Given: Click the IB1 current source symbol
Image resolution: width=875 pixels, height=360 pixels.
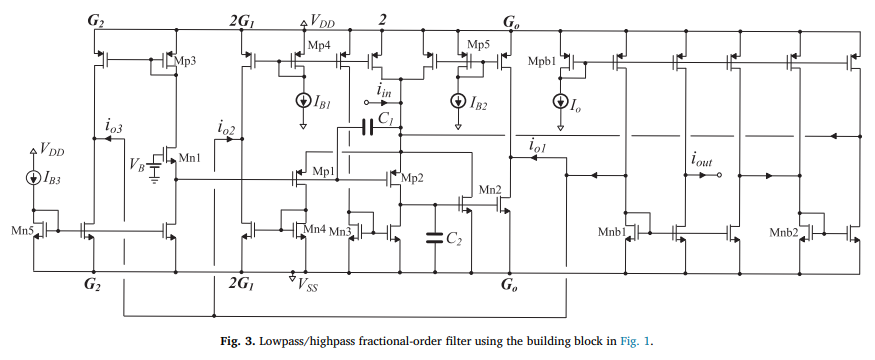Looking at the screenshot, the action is click(304, 100).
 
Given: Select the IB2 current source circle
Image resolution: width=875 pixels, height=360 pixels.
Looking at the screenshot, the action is click(458, 100).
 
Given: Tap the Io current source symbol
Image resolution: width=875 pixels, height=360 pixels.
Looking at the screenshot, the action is click(560, 101).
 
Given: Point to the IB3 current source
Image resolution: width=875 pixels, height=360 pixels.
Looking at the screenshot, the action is click(34, 178).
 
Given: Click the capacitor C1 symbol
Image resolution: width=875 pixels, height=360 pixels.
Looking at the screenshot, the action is click(367, 128).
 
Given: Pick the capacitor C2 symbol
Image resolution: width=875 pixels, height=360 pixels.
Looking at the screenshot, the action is click(435, 237).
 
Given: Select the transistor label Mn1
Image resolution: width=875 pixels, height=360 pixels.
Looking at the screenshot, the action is click(189, 158).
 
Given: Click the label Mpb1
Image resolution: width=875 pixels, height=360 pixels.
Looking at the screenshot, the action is click(542, 60).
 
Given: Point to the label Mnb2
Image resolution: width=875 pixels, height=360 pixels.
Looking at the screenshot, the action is click(783, 231).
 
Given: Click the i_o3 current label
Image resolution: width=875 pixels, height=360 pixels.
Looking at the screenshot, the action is click(114, 126).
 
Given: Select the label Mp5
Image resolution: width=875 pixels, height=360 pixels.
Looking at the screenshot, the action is click(478, 45).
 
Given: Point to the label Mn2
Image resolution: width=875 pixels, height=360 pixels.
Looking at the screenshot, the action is click(490, 190).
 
